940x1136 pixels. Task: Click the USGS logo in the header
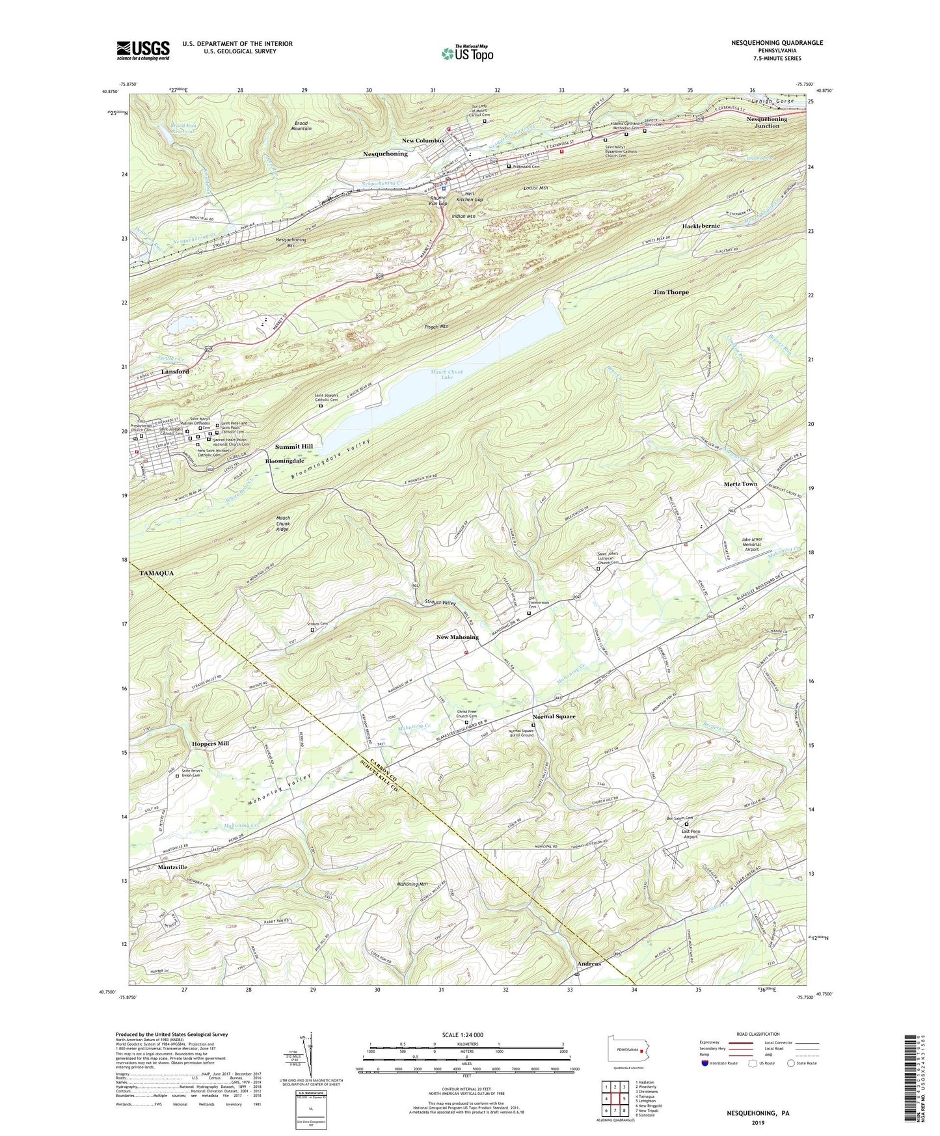click(x=143, y=50)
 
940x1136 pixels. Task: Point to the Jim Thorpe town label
click(x=671, y=293)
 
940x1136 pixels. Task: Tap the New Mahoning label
click(x=457, y=637)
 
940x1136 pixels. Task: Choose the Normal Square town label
click(x=554, y=716)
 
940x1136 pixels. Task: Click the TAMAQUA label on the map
click(x=158, y=573)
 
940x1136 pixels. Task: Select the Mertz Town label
click(x=741, y=484)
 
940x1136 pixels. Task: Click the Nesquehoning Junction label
click(x=767, y=122)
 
